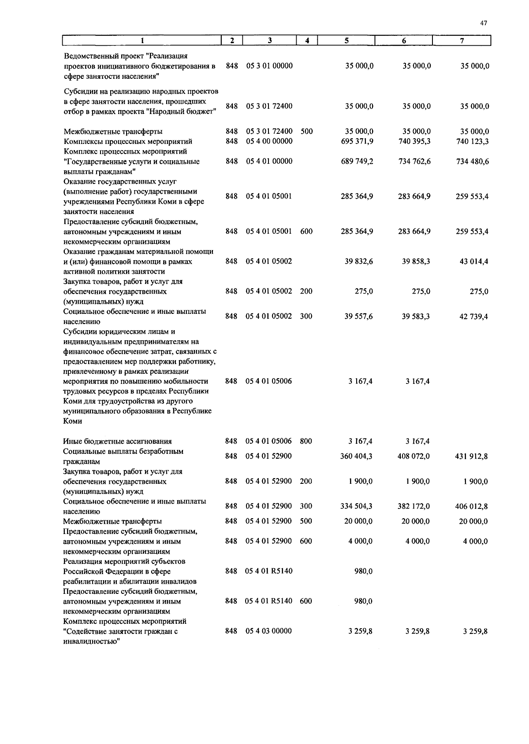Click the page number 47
point(484,24)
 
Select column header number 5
point(346,41)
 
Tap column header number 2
point(232,41)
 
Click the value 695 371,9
point(357,141)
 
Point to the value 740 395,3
point(414,141)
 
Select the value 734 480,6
point(472,162)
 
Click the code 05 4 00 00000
point(269,141)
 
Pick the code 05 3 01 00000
point(269,66)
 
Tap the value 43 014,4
point(474,262)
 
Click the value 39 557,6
point(359,317)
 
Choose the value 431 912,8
point(471,457)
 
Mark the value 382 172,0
point(414,507)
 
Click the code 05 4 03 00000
point(268,631)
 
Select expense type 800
point(306,441)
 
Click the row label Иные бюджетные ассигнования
point(117,442)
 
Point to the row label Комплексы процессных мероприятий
point(128,142)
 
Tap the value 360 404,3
point(356,457)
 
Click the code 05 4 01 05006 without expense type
point(268,381)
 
